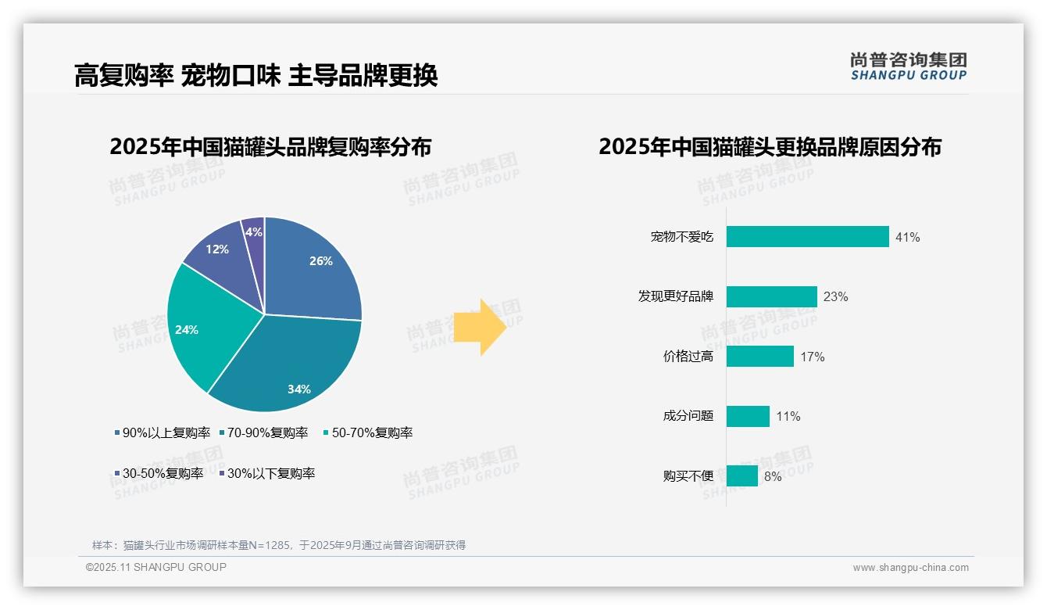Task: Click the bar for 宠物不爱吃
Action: (807, 237)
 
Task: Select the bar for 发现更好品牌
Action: (771, 296)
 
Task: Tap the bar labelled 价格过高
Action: (759, 357)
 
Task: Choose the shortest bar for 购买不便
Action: (741, 475)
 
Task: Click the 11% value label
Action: (788, 417)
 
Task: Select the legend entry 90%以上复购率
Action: (162, 432)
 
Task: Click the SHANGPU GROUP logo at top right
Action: (908, 66)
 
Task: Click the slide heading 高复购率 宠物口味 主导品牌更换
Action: (255, 75)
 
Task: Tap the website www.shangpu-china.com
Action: (910, 568)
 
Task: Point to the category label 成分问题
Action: (688, 416)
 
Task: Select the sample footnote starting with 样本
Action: (278, 545)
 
